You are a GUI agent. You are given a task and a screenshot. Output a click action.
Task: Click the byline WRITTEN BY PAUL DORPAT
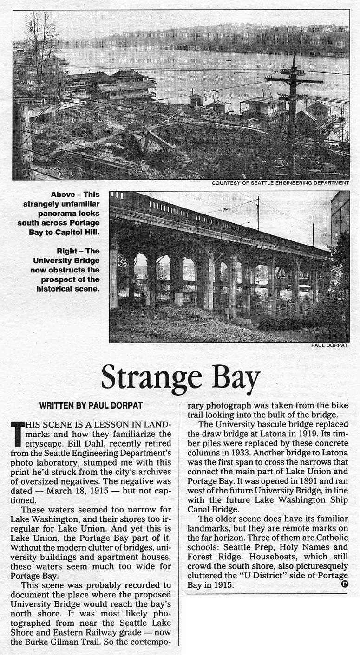[91, 405]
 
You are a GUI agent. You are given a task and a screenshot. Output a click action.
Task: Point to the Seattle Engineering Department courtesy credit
[280, 183]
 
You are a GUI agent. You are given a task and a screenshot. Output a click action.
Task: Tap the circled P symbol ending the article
[344, 584]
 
